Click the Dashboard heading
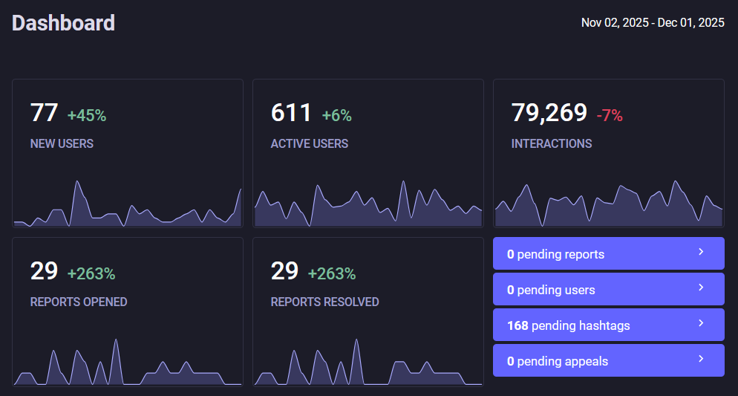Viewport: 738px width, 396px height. pos(64,23)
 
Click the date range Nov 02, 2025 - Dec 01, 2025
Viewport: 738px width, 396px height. pos(653,23)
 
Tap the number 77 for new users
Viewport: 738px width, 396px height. pos(44,113)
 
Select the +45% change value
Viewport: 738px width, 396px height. pos(87,116)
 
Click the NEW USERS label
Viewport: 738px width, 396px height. pos(62,143)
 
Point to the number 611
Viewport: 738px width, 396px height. pos(292,113)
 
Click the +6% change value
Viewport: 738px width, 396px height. pos(336,116)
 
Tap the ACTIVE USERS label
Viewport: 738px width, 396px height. pos(309,143)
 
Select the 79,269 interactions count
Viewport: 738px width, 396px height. pos(549,113)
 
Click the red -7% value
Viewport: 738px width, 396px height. pos(610,116)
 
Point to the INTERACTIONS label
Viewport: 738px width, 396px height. pos(552,143)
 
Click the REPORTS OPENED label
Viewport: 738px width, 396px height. pos(79,302)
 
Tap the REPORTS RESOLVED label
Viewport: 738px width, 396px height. pos(324,302)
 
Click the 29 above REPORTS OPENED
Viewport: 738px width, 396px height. pos(44,271)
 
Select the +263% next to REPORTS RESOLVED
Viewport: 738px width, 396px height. pos(332,274)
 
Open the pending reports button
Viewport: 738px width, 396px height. pos(608,254)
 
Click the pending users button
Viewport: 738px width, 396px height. pos(608,290)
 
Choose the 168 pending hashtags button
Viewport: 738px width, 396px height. pos(608,325)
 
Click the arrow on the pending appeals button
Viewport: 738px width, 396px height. pos(701,360)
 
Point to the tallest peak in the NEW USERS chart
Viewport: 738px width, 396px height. pos(76,182)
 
